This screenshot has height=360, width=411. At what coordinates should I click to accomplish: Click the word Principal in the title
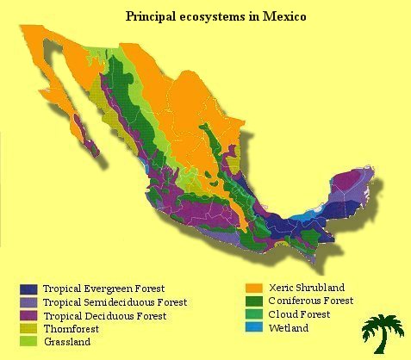click(152, 16)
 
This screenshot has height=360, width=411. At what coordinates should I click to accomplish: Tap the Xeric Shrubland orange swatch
click(253, 288)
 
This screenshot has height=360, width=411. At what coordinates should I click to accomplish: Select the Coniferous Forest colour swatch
click(253, 301)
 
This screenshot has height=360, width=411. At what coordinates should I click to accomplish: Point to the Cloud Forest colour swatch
click(253, 314)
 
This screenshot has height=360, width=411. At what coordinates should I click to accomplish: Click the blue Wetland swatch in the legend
click(253, 328)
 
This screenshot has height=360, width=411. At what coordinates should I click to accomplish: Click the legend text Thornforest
click(71, 329)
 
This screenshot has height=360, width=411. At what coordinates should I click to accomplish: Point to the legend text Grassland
click(66, 342)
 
